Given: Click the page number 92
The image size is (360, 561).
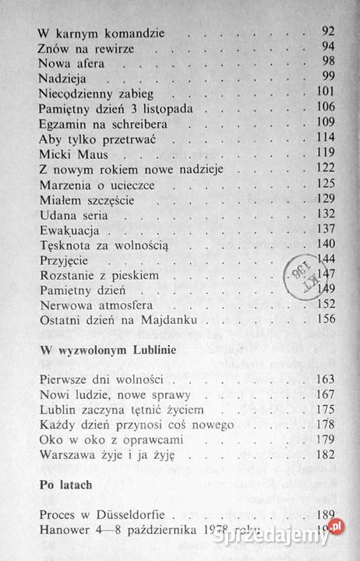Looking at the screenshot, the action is click(x=326, y=34).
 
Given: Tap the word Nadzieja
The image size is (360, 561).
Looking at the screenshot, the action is click(x=62, y=79).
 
